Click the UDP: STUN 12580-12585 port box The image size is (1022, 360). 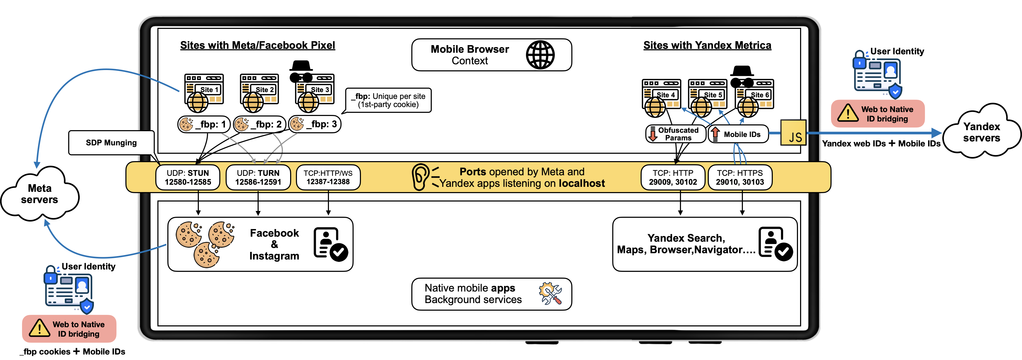(188, 177)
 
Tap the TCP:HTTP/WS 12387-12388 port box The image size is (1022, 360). (328, 177)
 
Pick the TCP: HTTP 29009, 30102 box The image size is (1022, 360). (673, 177)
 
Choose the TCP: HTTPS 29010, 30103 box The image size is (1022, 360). (740, 177)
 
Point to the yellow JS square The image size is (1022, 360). (793, 133)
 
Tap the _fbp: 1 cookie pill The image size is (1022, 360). (204, 124)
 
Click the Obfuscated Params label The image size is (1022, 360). (676, 134)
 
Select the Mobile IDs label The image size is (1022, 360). (738, 134)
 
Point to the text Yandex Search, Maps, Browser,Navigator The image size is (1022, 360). (686, 244)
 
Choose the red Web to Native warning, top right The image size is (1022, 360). (878, 114)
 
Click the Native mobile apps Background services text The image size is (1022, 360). (473, 294)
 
